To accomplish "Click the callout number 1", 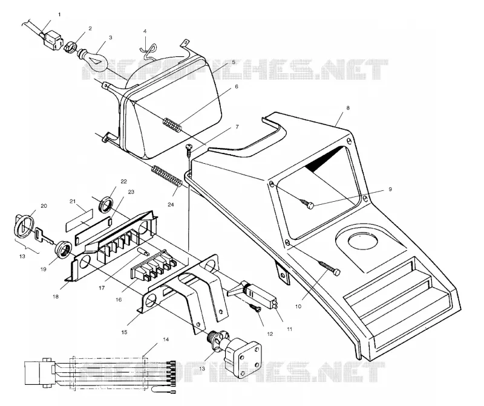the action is (59, 14).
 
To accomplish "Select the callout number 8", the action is (348, 108).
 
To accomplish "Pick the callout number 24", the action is (171, 204).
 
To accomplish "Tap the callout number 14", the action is (166, 340).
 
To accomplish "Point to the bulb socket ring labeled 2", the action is (70, 47).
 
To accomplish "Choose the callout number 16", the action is (119, 299).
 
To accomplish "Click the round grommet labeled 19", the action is (64, 249).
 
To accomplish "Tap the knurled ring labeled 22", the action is (105, 204).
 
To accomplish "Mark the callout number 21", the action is (73, 202).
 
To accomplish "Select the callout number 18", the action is (56, 297).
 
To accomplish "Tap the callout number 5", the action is (234, 62).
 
